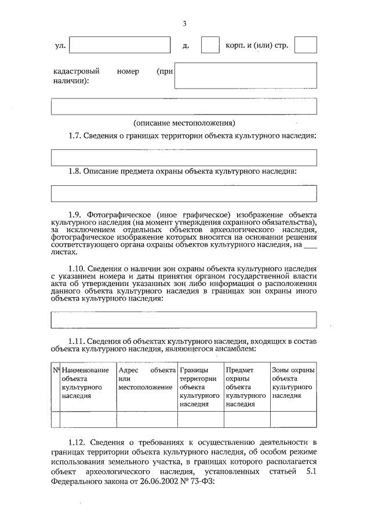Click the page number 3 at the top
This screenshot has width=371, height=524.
[184, 23]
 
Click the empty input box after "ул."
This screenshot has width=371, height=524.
[120, 46]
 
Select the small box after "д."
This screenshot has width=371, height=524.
[210, 46]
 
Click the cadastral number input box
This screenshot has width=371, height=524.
[245, 75]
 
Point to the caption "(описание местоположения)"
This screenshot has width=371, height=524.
[184, 123]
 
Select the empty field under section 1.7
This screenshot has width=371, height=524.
[184, 157]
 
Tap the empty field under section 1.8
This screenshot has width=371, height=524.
[184, 193]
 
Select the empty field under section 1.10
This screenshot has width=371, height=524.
[184, 320]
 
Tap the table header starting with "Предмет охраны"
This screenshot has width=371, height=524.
[245, 387]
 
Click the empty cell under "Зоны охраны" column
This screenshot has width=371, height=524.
[293, 419]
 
